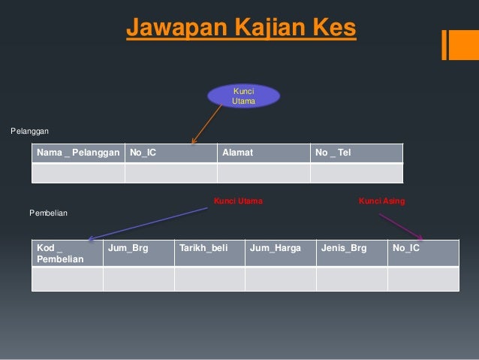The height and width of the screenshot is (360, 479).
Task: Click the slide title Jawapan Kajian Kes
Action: [x=240, y=29]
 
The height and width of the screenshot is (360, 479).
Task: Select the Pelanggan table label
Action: [x=29, y=132]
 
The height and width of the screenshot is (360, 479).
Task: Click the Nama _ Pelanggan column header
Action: [x=78, y=153]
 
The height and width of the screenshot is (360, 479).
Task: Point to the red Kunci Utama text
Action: [x=238, y=201]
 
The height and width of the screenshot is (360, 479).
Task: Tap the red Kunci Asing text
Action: [x=381, y=201]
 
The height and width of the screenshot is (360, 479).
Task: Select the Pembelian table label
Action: [x=48, y=213]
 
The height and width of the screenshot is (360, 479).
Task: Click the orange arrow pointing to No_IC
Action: [x=208, y=123]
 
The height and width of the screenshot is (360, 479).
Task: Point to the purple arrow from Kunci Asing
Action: [x=401, y=227]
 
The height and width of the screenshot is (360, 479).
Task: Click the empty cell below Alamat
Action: [x=263, y=173]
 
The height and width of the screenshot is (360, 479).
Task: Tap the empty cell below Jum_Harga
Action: [x=280, y=279]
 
